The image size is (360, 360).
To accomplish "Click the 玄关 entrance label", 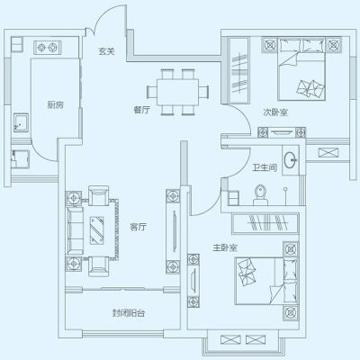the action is [106, 51].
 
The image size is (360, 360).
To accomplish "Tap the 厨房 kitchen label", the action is [56, 104].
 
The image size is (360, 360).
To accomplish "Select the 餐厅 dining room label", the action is [141, 110].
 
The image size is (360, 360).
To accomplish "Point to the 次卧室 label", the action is [275, 112].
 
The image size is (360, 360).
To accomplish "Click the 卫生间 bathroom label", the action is [265, 167].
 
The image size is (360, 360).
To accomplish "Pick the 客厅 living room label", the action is [139, 227].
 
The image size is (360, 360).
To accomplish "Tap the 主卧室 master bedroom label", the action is [225, 247].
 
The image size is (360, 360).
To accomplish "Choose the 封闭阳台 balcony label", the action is [129, 313].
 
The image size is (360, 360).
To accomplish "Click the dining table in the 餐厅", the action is [178, 92].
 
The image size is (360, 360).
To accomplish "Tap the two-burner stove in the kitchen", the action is [48, 48].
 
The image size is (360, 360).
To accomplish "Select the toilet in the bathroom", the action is [260, 194].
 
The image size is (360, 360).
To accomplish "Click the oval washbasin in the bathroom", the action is [291, 160].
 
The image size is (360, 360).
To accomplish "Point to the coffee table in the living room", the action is [96, 230].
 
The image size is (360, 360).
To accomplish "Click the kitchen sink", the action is [21, 123].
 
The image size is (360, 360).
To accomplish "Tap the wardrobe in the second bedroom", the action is [239, 70].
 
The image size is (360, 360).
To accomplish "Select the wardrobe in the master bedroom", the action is [265, 223].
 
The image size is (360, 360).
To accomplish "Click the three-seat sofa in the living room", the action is [75, 230].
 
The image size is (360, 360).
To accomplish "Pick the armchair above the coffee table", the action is [98, 195].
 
